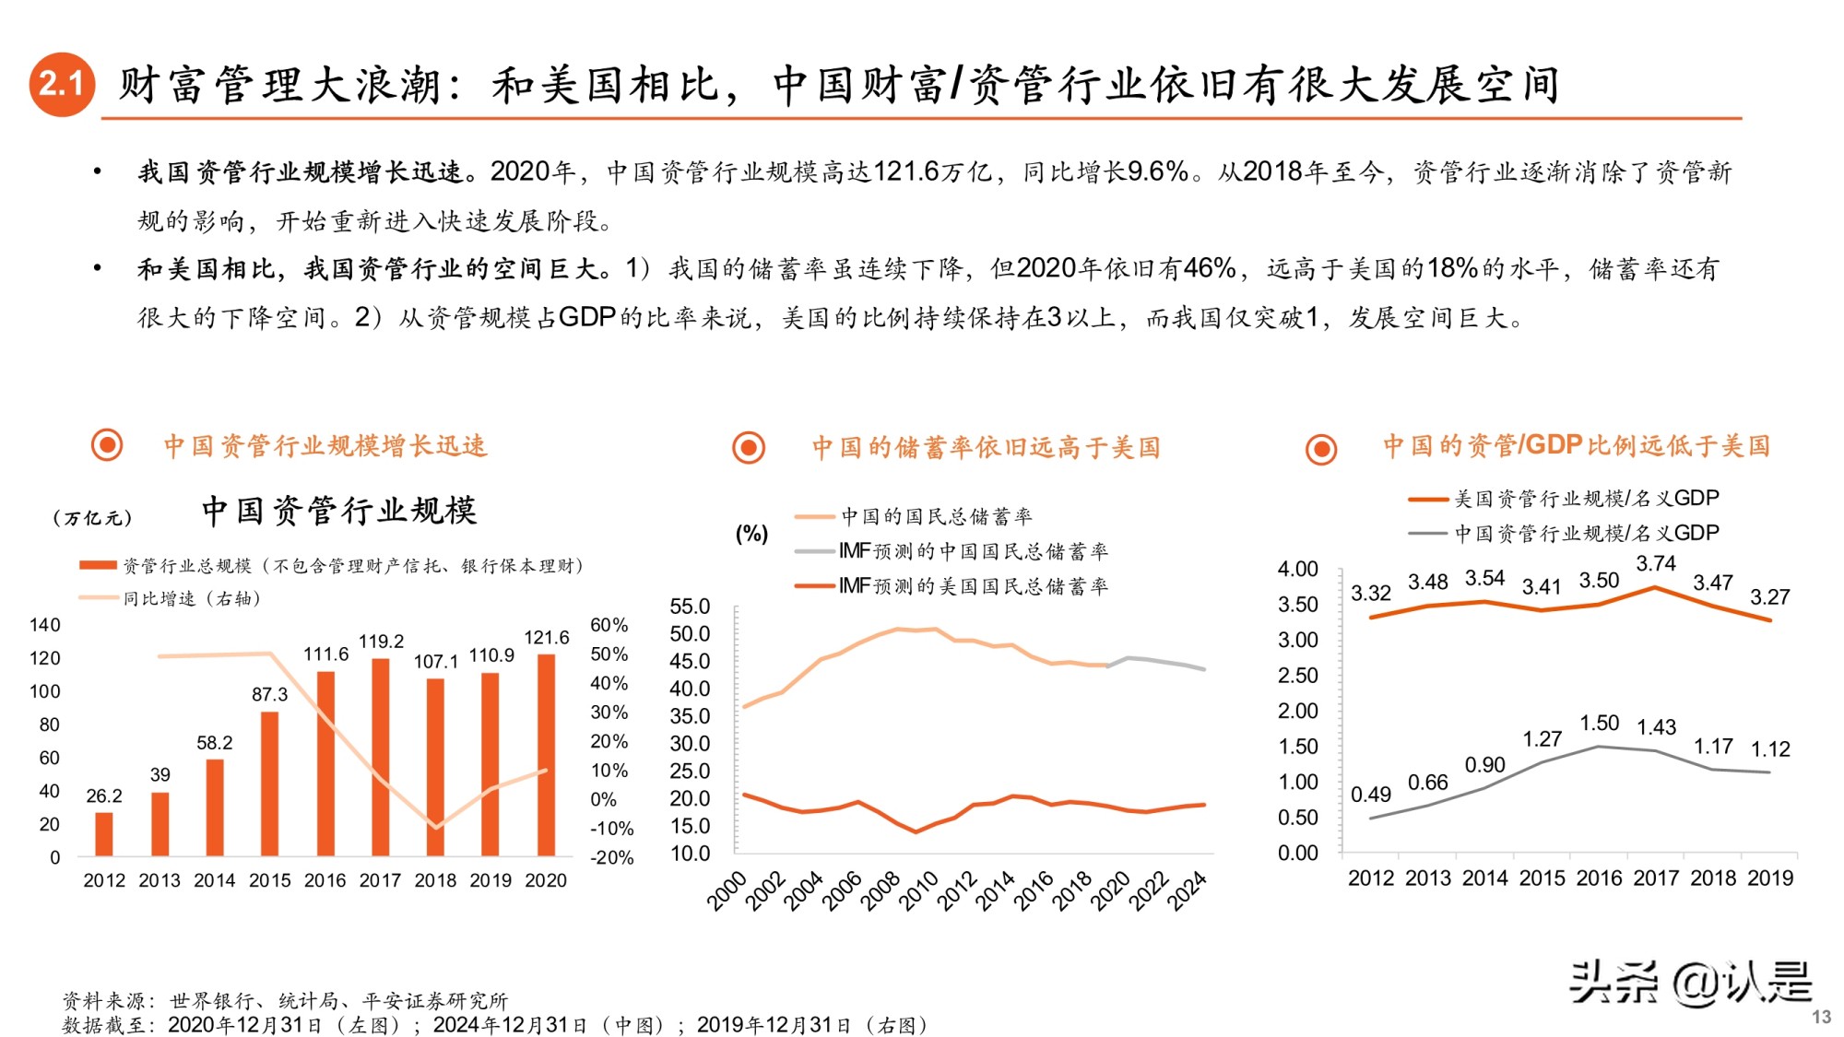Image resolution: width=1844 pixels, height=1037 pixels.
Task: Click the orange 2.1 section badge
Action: tap(62, 84)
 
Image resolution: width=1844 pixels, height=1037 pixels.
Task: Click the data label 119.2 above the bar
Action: tap(381, 641)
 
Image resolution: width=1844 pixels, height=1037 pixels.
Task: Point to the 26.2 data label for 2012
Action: tap(104, 795)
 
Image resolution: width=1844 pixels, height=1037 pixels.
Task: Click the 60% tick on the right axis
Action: tap(609, 625)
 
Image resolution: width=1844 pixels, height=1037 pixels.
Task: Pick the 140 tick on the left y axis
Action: tap(44, 625)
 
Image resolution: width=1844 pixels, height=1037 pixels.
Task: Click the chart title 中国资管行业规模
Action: tap(339, 510)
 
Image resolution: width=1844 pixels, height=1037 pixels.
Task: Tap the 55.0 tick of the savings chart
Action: tap(690, 607)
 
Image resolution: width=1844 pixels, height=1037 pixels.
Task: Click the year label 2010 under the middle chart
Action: tap(917, 891)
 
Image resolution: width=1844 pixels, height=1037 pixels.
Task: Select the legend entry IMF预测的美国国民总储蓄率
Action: tap(973, 586)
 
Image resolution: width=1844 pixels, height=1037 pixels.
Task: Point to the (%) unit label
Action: tap(751, 534)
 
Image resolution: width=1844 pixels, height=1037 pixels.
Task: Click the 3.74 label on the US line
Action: tap(1656, 563)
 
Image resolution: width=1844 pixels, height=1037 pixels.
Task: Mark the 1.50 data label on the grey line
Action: tap(1599, 724)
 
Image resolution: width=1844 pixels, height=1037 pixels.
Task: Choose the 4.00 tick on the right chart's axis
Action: tap(1297, 569)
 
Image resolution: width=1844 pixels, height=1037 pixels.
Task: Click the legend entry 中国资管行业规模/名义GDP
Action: tap(1586, 533)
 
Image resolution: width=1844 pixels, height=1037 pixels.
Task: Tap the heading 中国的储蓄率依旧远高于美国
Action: tap(986, 448)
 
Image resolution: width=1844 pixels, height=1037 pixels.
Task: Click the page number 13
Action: tap(1820, 1017)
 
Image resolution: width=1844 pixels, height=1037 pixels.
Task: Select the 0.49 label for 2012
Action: tap(1370, 795)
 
